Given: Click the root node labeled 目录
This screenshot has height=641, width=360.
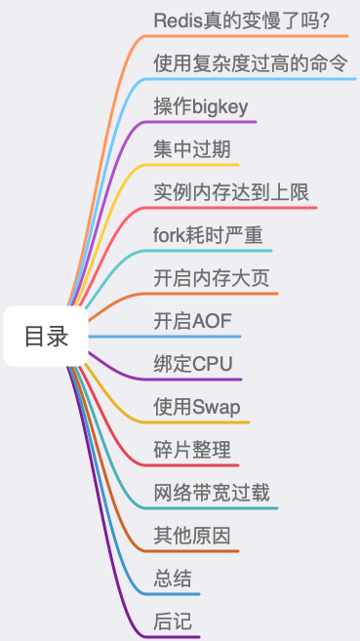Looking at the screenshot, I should pos(47,337).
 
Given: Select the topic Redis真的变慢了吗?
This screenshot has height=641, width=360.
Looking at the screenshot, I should pos(240,20).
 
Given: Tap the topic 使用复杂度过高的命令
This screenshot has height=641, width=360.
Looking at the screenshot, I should pos(251,63).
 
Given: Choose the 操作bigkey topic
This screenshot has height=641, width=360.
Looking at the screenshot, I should pos(201,106).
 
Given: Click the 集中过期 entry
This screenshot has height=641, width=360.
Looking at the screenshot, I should pos(192,149).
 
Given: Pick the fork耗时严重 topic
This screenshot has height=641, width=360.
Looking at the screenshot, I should pos(208,235).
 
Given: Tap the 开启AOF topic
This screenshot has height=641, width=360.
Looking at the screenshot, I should pos(192,321).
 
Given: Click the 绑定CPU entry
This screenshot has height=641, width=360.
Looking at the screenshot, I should pos(193,364).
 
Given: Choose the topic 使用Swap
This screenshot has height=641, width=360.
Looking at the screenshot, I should pos(197,407).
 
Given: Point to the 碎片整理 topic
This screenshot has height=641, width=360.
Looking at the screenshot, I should pos(192,450).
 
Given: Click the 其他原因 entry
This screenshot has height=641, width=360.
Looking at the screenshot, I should pos(192,536).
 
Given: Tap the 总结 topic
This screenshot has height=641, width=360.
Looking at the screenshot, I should pos(173,579).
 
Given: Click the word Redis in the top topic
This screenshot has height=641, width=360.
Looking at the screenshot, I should pos(177,20).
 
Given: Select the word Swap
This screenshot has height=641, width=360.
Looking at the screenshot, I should pos(216,407).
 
